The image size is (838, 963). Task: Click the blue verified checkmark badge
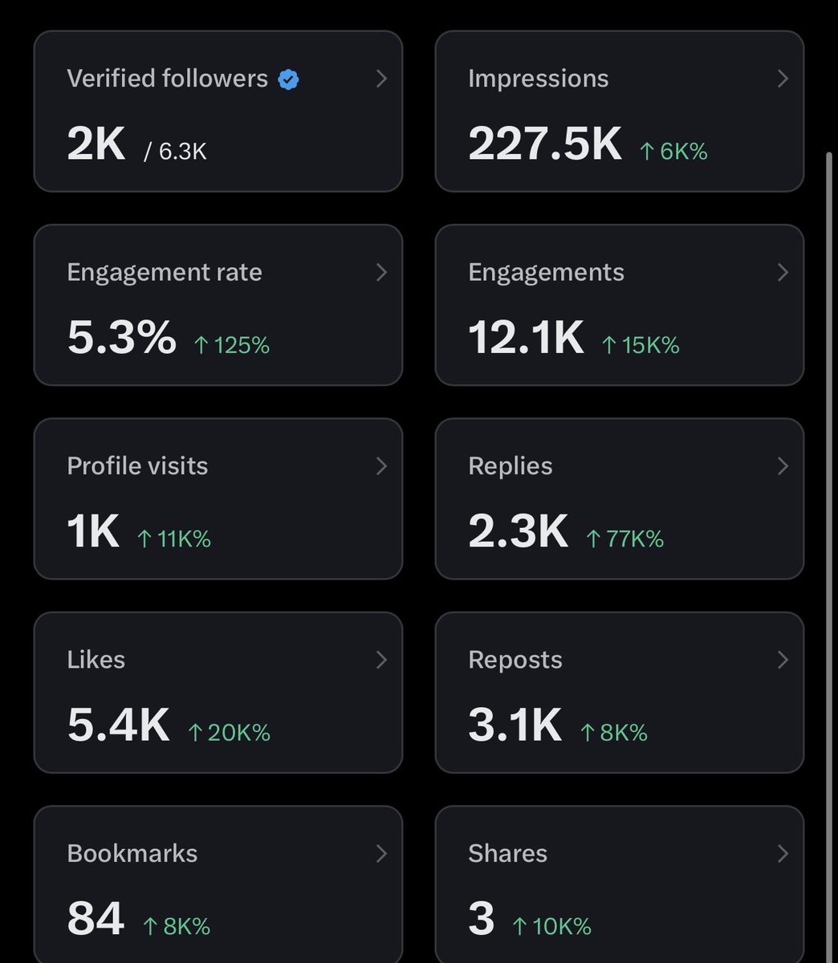point(288,79)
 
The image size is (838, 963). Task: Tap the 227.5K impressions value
point(545,143)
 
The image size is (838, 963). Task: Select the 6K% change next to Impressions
point(673,151)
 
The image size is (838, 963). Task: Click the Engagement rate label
point(165,273)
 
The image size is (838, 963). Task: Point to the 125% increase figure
point(232,345)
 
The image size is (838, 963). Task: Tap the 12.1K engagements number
point(526,337)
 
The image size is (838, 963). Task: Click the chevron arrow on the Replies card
point(783,466)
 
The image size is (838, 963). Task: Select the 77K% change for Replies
point(624,539)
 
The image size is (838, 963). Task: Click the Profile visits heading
point(137,466)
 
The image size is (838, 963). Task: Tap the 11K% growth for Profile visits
point(173,539)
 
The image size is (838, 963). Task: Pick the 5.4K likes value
point(118,725)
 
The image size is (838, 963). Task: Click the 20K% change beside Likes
point(229,733)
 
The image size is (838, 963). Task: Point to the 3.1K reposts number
point(515,725)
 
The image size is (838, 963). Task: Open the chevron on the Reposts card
point(783,660)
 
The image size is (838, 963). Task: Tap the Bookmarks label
point(132,853)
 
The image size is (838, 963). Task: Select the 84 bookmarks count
point(96,918)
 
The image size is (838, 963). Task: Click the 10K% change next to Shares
point(551,926)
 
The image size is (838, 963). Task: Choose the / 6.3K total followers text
point(175,152)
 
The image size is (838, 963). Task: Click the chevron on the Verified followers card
point(382,79)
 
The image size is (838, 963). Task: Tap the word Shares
point(507,853)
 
